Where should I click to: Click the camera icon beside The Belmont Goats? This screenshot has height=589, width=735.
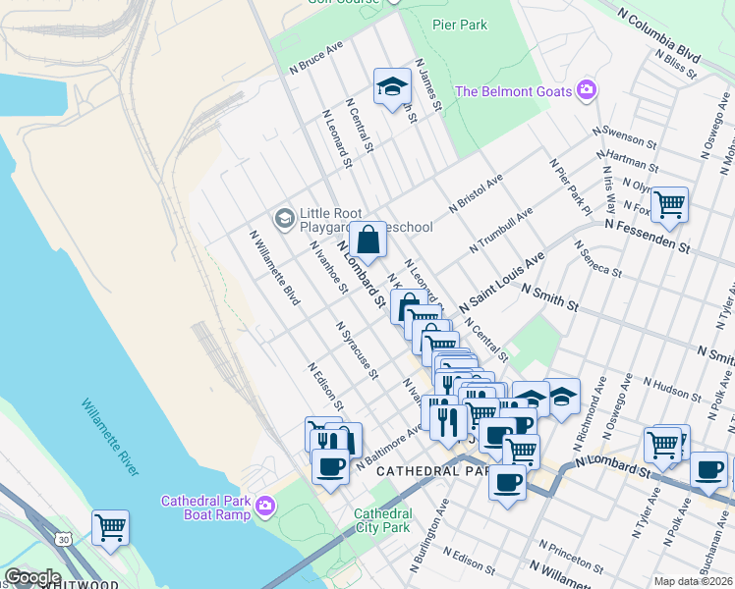point(587,91)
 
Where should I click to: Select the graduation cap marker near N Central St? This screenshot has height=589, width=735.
point(391,86)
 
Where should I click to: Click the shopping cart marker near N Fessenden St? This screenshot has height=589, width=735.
point(669,204)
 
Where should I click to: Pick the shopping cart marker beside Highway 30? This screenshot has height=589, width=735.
point(110,527)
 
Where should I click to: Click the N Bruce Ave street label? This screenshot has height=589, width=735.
point(316,59)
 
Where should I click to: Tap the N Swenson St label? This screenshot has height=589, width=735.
point(624,137)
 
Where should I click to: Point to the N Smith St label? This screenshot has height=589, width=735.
point(549,297)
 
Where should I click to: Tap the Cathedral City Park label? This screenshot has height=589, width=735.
point(382,521)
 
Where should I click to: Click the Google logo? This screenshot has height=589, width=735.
point(32,577)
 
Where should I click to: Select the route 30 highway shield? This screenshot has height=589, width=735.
point(64,540)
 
